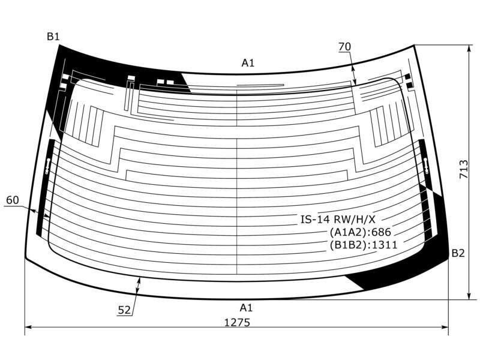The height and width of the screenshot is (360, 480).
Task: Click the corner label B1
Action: pos(53,37)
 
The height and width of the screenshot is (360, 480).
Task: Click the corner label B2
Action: pos(458,253)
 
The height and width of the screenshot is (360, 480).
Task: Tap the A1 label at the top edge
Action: pos(248,63)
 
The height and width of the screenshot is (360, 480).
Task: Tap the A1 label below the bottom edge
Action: pos(246,308)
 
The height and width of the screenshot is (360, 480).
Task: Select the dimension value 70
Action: pos(344,47)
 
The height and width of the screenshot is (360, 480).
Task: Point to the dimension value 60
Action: pos(13,200)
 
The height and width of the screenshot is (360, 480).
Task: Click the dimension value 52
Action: pos(124,310)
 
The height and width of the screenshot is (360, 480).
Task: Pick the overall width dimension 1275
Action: pos(237,322)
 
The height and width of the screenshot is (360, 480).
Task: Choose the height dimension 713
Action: pos(463,169)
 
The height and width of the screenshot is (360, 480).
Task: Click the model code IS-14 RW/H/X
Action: pos(338,219)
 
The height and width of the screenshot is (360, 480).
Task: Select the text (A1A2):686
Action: pos(361,232)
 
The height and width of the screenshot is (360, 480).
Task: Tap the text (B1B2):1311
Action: pos(364,245)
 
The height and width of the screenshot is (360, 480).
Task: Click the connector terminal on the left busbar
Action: pos(47,166)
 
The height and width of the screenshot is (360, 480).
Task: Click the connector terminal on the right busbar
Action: pos(427,166)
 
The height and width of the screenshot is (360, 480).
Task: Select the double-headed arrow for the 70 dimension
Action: pos(353,74)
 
